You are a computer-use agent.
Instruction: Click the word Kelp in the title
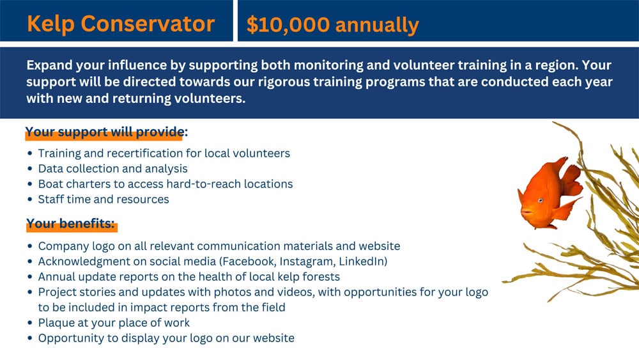(50, 24)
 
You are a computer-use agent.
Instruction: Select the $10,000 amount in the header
(288, 25)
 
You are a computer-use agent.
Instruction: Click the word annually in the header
(378, 26)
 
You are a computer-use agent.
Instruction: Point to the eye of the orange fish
(541, 200)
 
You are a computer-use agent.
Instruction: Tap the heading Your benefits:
(70, 223)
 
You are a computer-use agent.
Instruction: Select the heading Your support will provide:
(106, 132)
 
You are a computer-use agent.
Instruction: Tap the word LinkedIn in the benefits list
(362, 262)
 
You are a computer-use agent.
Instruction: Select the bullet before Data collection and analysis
(30, 168)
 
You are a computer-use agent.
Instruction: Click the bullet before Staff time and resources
(30, 199)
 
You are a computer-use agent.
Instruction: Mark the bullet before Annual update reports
(30, 276)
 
